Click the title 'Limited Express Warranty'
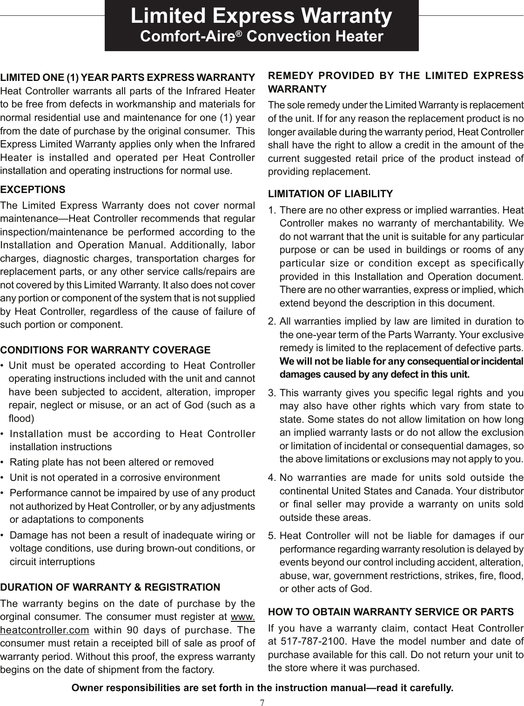[261, 16]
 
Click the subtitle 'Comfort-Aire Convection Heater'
[261, 37]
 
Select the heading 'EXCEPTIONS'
[33, 190]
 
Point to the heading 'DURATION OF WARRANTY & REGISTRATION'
[110, 586]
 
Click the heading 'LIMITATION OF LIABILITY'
[331, 193]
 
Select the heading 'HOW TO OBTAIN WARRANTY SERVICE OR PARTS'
[391, 611]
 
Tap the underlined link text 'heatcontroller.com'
[45, 631]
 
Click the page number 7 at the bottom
[262, 701]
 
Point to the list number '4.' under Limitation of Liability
[273, 478]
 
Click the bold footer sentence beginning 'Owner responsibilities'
[262, 687]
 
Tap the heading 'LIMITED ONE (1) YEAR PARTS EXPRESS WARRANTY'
[128, 77]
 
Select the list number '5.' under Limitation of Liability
[273, 536]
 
